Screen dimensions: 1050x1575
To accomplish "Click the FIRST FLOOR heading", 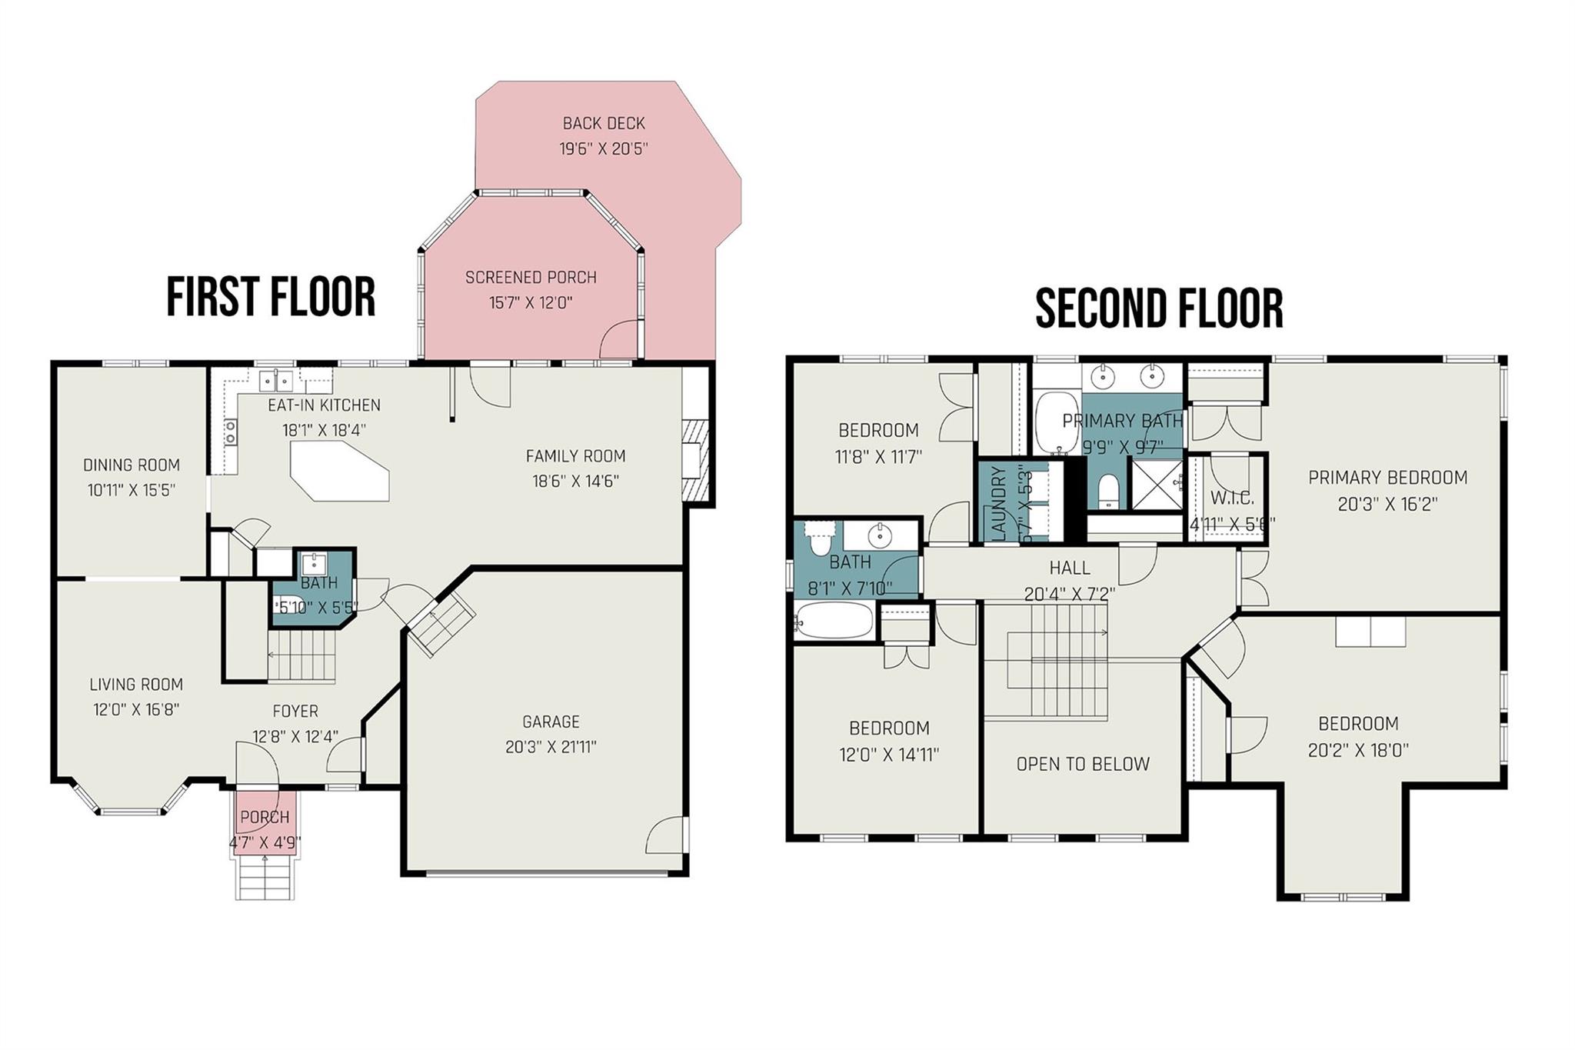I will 271,297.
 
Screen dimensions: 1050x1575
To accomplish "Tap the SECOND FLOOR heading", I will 1159,308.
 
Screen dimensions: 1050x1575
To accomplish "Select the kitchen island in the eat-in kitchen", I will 339,470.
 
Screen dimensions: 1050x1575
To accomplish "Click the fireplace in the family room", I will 694,460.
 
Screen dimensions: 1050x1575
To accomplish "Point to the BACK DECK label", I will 604,123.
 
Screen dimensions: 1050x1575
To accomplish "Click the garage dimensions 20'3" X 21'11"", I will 551,747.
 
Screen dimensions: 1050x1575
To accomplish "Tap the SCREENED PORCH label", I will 531,277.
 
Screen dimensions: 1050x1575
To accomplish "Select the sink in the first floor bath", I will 314,561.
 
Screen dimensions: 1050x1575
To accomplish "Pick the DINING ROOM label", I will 132,465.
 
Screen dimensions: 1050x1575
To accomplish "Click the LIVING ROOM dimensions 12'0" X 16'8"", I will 136,709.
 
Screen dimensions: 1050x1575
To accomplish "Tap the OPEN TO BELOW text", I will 1083,764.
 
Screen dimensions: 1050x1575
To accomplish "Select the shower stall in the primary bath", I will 1155,484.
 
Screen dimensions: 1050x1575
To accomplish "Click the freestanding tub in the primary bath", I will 1057,422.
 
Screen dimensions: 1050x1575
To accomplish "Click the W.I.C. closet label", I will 1232,498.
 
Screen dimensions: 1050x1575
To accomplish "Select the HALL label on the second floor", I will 1070,568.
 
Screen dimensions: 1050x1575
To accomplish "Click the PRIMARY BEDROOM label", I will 1387,478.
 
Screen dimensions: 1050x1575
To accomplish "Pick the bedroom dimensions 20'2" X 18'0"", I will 1358,750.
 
